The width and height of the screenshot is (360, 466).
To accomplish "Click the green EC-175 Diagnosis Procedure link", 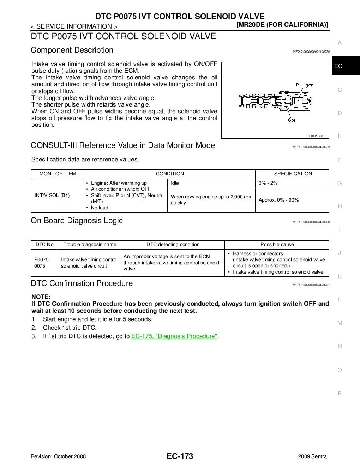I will [x=174, y=336].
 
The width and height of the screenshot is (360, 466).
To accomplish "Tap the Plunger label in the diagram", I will [x=304, y=85].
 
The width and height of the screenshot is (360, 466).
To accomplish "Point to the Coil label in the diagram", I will [x=292, y=120].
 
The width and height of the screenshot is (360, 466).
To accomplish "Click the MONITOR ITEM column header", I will [x=58, y=174].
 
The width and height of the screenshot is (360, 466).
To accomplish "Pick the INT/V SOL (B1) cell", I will [x=52, y=195].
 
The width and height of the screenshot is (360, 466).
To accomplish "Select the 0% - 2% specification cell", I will [x=268, y=183].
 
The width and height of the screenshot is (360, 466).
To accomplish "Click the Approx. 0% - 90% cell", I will [x=278, y=200].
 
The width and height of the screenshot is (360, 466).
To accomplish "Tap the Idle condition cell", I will [x=175, y=183].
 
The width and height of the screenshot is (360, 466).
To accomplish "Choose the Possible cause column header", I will [x=277, y=244].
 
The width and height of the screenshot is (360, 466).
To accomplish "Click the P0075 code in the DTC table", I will [x=41, y=259].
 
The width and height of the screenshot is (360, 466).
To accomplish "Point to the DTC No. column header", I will [x=45, y=244].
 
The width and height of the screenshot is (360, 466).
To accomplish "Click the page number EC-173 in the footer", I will [x=180, y=456].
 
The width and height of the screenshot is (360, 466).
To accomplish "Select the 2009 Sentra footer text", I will [x=312, y=456].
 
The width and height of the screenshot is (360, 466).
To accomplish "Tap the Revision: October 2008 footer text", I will [x=58, y=456].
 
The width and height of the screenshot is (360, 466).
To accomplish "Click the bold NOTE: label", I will [x=41, y=297].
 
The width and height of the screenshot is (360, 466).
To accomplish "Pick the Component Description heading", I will [x=72, y=50].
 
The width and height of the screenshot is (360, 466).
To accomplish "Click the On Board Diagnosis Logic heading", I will [x=77, y=221].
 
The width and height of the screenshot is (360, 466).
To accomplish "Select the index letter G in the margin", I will [x=340, y=183].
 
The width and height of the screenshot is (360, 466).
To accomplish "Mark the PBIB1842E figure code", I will [x=317, y=136].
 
